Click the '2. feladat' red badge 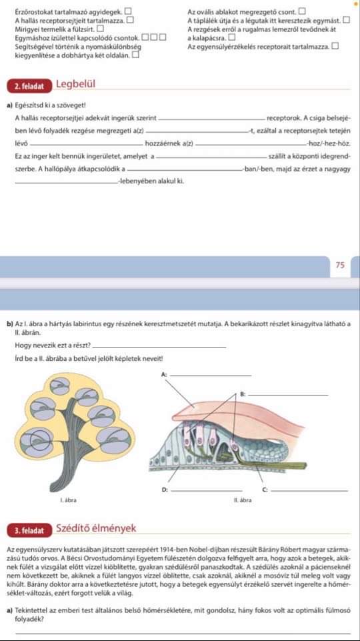pos(30,86)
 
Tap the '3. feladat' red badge pos(30,531)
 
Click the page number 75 pos(340,265)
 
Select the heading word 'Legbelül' pos(75,84)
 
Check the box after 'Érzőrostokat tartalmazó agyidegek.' pos(128,12)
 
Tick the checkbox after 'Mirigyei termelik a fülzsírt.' pos(100,29)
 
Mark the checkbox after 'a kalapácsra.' pos(232,37)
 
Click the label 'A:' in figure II pos(164,374)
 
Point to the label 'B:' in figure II pos(243,394)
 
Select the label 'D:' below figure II pos(164,490)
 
